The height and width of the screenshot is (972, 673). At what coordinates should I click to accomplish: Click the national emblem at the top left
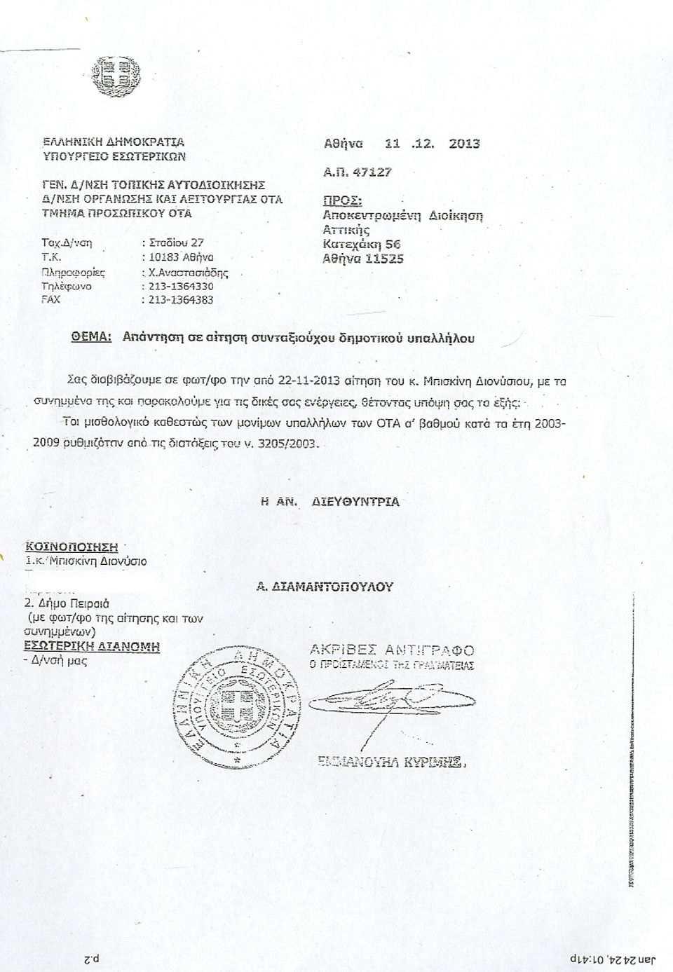click(118, 75)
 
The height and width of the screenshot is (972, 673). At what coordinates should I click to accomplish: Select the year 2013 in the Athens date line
click(464, 144)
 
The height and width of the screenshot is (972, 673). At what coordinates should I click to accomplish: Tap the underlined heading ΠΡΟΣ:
click(342, 200)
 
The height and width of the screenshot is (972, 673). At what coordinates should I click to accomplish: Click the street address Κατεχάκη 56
click(361, 244)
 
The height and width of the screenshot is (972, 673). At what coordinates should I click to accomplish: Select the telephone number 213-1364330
click(181, 286)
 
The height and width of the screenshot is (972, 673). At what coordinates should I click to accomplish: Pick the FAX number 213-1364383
click(181, 300)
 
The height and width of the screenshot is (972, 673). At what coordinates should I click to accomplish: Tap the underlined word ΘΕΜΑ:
click(92, 337)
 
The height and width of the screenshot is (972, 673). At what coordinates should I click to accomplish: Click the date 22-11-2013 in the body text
click(308, 381)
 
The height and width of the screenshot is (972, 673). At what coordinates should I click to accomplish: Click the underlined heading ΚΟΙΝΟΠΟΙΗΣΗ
click(72, 547)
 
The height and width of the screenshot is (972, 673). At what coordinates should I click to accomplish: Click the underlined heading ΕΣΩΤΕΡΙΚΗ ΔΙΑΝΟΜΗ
click(92, 645)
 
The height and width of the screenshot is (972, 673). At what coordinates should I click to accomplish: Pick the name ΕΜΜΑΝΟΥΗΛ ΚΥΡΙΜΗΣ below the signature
click(391, 762)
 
